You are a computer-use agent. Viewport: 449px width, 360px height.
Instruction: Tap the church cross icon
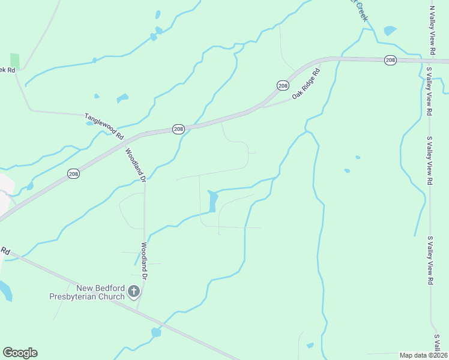click(134, 292)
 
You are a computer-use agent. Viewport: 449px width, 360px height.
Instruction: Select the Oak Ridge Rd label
click(307, 84)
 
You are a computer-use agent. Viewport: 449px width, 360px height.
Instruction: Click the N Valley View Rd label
click(432, 30)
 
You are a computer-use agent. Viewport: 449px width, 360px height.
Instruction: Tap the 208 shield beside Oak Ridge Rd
click(283, 86)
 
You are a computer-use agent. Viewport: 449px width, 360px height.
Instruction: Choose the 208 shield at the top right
click(391, 59)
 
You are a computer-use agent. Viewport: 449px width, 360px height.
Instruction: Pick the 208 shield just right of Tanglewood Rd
click(178, 129)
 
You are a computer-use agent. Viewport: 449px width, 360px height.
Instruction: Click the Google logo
click(20, 353)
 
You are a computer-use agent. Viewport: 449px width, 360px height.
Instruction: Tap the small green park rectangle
click(14, 61)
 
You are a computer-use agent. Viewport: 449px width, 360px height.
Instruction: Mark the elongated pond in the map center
click(212, 201)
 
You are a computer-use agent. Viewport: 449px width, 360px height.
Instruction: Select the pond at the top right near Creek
click(390, 30)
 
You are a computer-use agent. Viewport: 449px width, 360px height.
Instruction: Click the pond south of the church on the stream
click(156, 332)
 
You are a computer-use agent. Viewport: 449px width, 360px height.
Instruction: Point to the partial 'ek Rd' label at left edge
click(7, 70)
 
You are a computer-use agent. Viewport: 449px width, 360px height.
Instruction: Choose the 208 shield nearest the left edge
click(73, 173)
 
